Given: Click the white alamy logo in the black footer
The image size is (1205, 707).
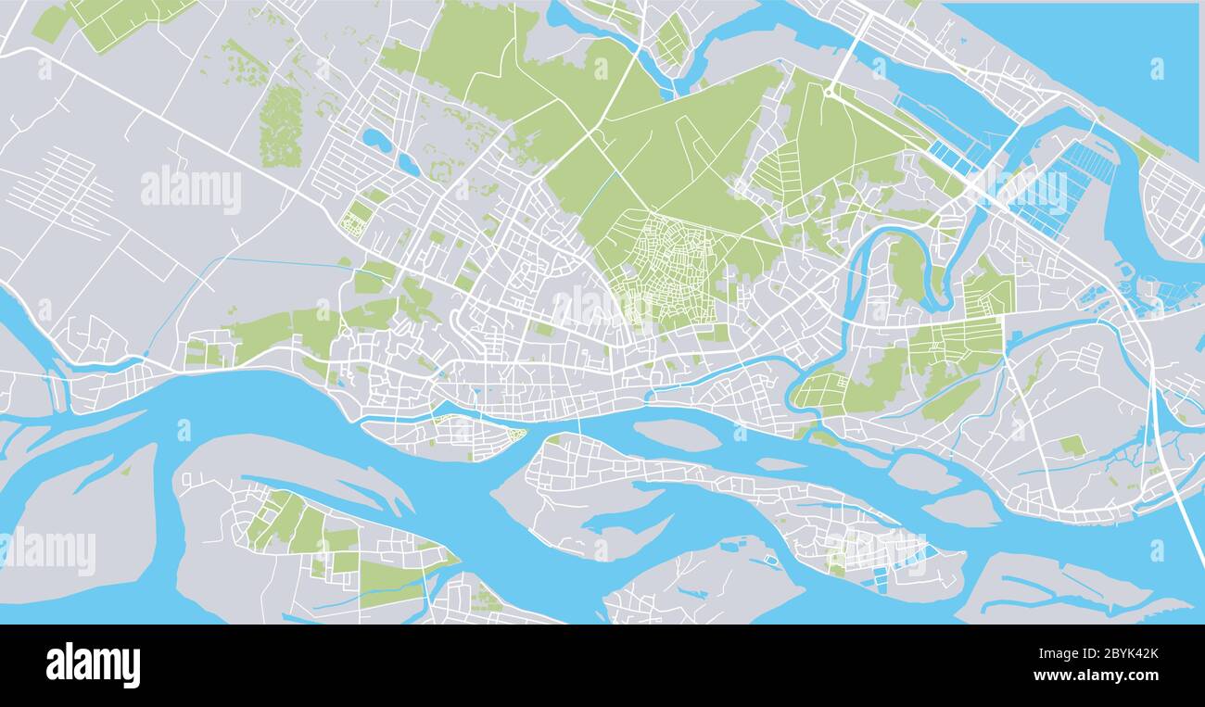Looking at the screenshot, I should point(93,665).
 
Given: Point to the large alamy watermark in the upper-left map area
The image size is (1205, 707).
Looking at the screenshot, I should point(191,189).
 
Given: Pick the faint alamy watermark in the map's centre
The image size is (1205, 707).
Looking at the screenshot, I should point(593,306).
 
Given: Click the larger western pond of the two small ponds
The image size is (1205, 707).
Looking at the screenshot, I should point(376,141).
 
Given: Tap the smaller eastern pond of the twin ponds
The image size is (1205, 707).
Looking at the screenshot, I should point(408,164).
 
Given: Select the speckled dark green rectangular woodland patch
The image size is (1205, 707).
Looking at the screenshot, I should point(280,126).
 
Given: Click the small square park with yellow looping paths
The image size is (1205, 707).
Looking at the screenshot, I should point(355,221).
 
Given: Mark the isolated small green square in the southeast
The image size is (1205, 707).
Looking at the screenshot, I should point(1072,446).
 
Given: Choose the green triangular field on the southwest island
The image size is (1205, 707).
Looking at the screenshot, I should point(389,580).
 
